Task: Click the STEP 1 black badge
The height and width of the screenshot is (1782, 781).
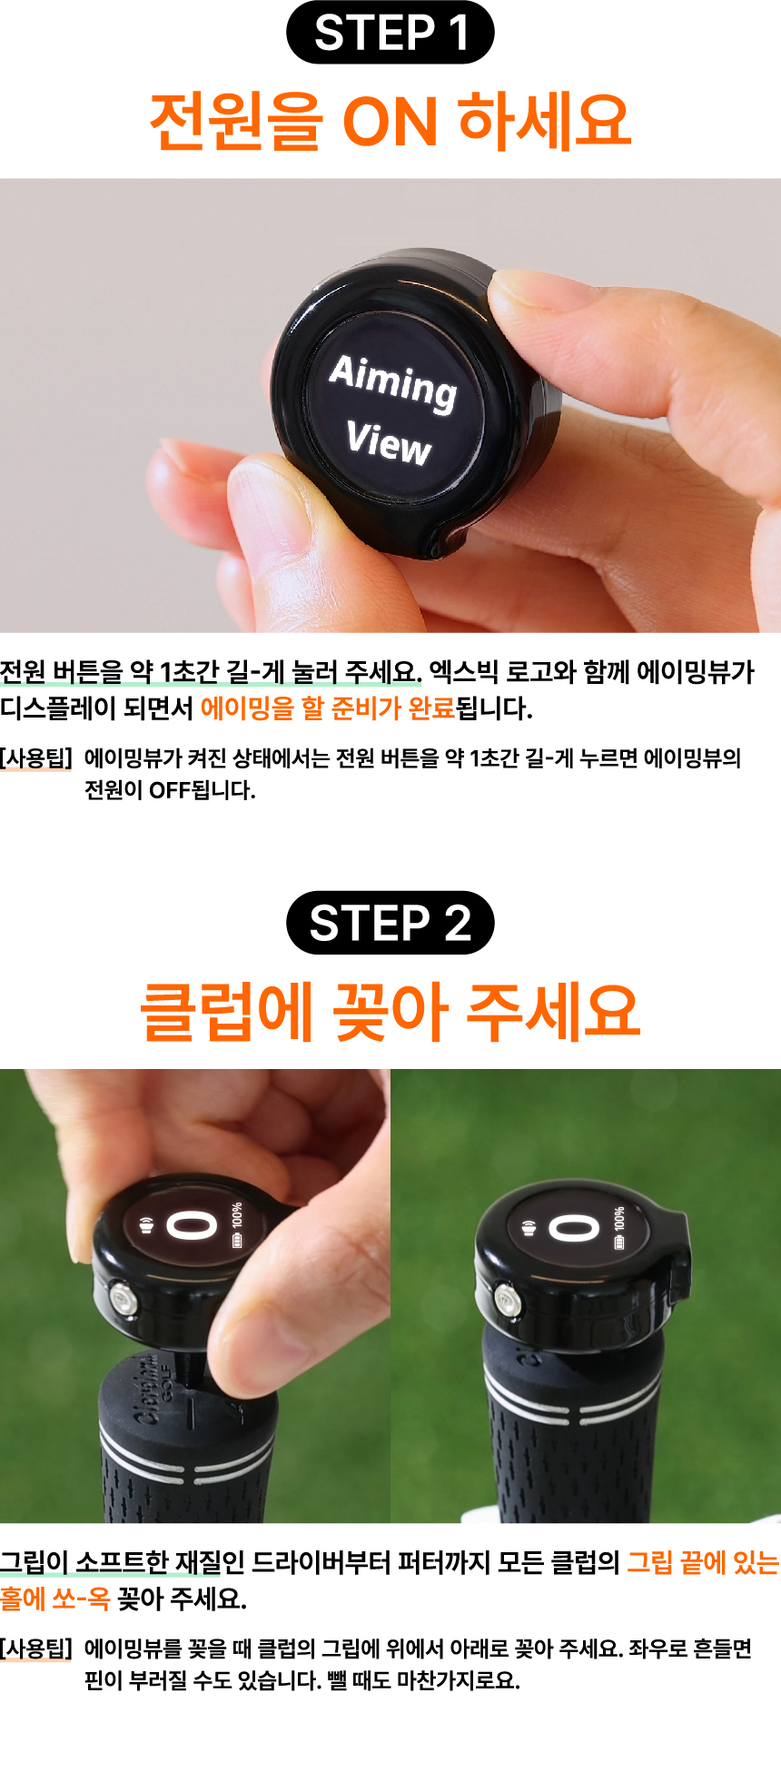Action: click(x=390, y=33)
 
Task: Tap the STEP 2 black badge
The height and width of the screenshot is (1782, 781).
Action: click(x=390, y=923)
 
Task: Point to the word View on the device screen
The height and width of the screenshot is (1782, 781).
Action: click(x=388, y=443)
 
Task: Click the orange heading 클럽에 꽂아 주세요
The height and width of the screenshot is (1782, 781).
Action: click(x=390, y=1012)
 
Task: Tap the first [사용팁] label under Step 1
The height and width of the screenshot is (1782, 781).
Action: click(x=36, y=757)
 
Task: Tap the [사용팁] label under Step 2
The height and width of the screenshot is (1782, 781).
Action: click(x=36, y=1648)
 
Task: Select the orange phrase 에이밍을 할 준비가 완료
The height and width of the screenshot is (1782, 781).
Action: click(x=327, y=708)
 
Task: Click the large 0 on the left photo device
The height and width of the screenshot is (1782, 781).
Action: click(x=192, y=1226)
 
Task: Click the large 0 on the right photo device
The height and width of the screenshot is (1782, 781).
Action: click(x=574, y=1229)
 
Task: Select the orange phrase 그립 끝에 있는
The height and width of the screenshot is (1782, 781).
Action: click(x=702, y=1563)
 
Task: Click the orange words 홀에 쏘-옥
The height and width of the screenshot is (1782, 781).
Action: click(x=54, y=1599)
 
